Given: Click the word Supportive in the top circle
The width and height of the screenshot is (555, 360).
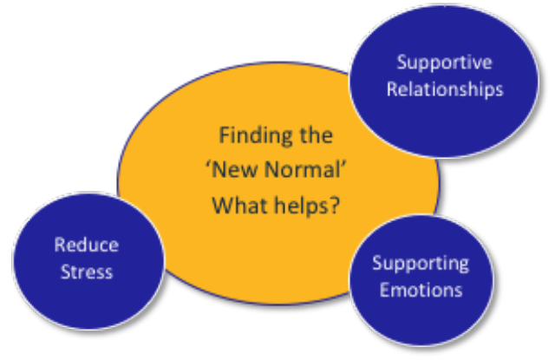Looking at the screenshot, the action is tap(445, 63).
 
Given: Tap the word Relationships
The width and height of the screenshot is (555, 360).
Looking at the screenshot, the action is tap(445, 89).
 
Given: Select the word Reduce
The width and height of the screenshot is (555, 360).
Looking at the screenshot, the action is tap(87, 245).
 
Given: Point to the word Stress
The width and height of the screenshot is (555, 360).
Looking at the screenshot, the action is tap(87, 272).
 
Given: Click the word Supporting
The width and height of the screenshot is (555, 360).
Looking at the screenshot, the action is tap(421, 264).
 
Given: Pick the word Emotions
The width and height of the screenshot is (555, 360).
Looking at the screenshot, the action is tap(421, 290).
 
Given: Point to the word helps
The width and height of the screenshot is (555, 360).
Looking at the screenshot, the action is tap(301, 206).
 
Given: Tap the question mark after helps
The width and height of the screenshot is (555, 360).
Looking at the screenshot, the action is tap(334, 205).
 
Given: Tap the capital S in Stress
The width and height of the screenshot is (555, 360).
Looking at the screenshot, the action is tap(66, 272).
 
